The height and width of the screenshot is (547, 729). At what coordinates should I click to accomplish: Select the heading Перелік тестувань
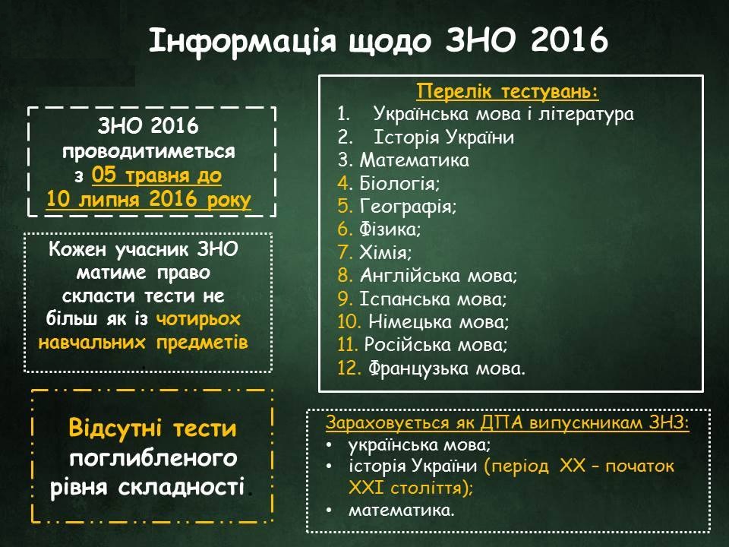[x=508, y=92]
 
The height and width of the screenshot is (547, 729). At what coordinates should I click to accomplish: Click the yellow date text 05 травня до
[x=156, y=176]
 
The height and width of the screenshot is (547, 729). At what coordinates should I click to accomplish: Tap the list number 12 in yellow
[x=347, y=369]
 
